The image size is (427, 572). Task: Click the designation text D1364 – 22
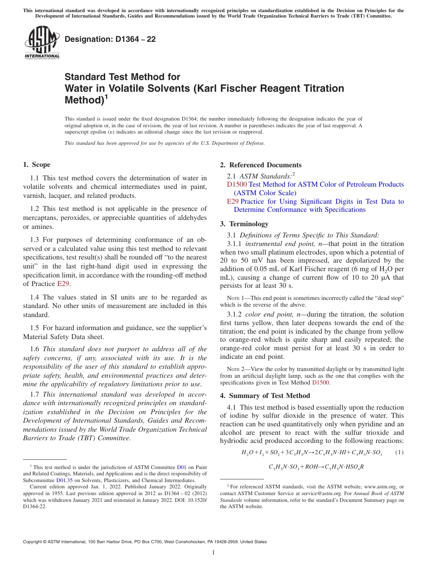[110, 39]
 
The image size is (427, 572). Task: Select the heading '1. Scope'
[36, 165]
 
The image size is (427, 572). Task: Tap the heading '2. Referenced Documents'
[261, 165]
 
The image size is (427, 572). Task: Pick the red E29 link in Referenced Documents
[233, 201]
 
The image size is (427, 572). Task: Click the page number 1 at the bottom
[213, 553]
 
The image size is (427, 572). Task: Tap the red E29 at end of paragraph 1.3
[63, 284]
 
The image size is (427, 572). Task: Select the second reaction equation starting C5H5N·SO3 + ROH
[316, 467]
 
